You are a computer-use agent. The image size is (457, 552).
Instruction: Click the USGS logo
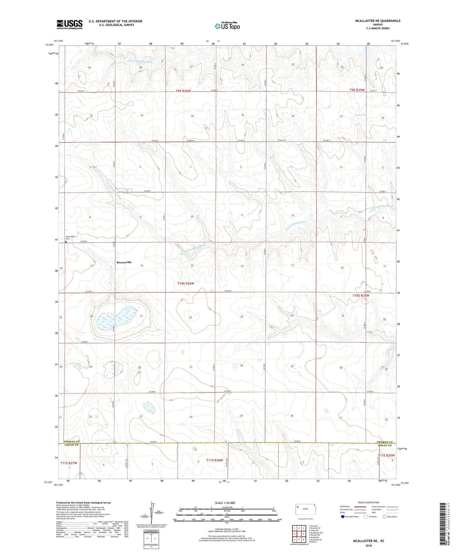pos(69,24)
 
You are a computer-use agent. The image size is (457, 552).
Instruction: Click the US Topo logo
pos(227,26)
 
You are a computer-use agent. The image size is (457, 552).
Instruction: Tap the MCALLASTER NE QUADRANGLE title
pos(377,21)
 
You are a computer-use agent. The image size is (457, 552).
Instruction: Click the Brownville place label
pos(124,262)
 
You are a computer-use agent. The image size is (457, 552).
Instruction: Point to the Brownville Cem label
pos(70,238)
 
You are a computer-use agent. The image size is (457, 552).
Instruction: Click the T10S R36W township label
pos(186,283)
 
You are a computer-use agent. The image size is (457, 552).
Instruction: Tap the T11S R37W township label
pos(69,463)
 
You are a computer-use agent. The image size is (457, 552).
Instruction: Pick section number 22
pos(190,317)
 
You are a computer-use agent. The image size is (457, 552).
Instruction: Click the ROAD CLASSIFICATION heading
pos(369,502)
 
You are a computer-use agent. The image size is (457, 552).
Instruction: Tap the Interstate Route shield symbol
pos(343,516)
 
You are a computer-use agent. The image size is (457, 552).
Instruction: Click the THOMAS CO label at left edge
pos(71,441)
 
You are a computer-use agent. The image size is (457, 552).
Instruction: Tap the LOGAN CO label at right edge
pos(385,445)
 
